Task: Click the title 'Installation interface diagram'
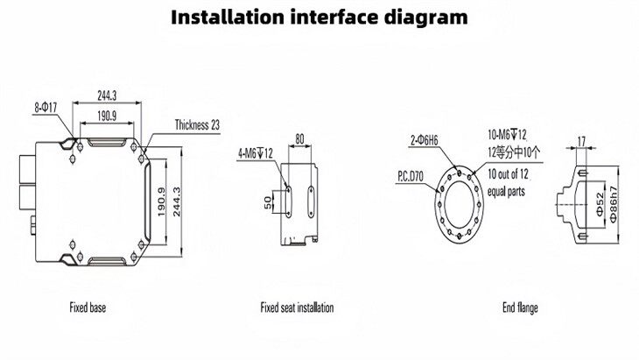tap(319, 18)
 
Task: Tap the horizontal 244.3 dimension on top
tap(106, 95)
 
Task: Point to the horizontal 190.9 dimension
tap(106, 115)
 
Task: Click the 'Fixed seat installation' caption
tap(297, 307)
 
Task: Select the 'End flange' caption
tap(520, 307)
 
